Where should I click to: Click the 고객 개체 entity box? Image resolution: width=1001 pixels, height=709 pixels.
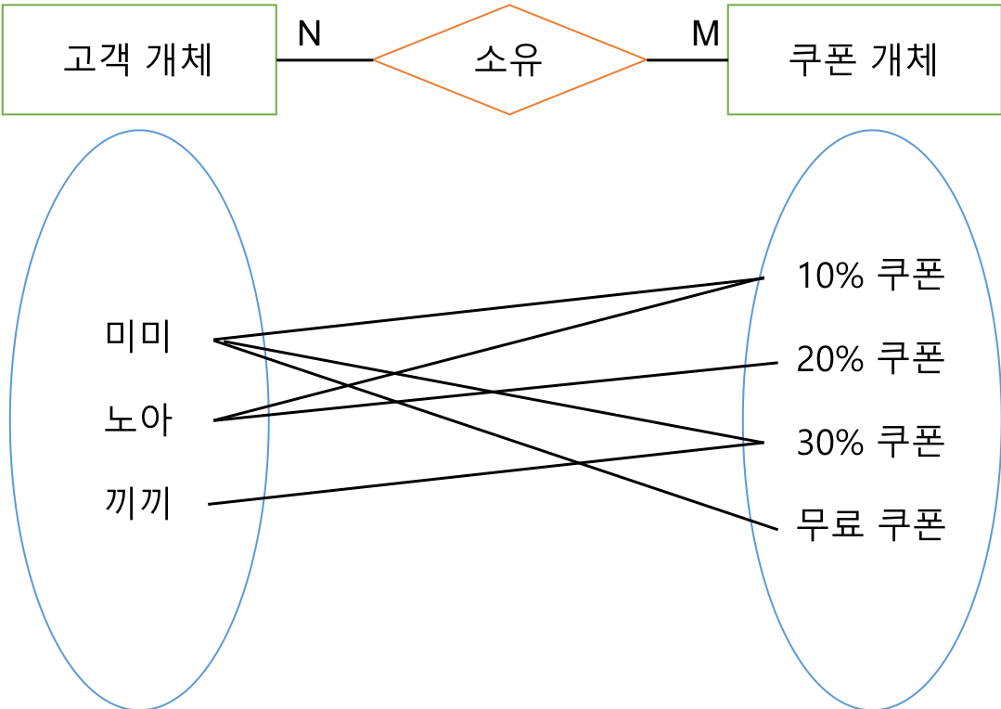coord(139,60)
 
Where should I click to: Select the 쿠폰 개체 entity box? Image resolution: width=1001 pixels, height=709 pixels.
coord(863,60)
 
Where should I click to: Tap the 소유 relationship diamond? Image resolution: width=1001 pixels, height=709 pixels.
coord(509,60)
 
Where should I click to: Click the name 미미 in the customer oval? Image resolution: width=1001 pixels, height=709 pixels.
coord(138,338)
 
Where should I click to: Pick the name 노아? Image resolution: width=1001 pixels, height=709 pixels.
coord(138,421)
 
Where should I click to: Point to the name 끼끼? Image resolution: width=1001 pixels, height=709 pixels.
coord(138,504)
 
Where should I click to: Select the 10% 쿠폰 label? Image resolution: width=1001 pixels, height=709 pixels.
coord(870,276)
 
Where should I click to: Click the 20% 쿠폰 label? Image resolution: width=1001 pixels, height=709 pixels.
coord(870,358)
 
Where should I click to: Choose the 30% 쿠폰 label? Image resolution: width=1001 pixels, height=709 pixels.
coord(870,442)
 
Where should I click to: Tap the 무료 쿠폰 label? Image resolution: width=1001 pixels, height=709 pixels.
coord(870,524)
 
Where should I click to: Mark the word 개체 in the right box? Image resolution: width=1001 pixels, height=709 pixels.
coord(905,60)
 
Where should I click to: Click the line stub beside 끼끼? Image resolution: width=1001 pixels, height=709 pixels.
coord(238,501)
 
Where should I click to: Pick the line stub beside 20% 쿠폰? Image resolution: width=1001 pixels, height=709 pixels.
coord(760,365)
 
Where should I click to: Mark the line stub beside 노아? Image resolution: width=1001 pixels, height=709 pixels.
coord(242,414)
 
